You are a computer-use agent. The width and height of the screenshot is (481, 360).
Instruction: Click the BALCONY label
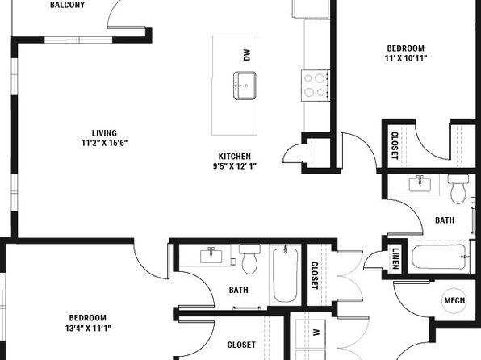tap(67, 5)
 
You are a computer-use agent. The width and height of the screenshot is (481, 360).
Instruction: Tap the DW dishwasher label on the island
tap(247, 55)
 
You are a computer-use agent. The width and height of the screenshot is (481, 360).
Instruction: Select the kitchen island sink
tap(245, 86)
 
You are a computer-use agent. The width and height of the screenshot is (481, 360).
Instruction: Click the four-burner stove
tap(316, 86)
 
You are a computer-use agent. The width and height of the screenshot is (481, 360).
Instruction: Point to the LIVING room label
tap(104, 133)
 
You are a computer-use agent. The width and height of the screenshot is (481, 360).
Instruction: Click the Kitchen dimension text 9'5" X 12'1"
tap(235, 166)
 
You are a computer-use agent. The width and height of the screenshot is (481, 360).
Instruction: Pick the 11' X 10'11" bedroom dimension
tap(406, 58)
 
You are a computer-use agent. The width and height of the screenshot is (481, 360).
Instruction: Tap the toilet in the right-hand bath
tap(458, 189)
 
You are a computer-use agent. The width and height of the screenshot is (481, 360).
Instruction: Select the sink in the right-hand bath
tap(420, 184)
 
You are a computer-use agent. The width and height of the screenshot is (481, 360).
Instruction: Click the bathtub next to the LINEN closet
tap(440, 257)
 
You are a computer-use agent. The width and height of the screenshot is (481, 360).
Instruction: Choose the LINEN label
tap(395, 258)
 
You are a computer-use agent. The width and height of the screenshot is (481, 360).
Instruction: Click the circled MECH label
tap(454, 300)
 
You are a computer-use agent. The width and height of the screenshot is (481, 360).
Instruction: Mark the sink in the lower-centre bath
tap(211, 255)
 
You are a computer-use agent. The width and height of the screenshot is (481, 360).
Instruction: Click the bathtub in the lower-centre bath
tap(285, 275)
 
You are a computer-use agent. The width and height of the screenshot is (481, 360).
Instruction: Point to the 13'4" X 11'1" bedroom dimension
tap(88, 329)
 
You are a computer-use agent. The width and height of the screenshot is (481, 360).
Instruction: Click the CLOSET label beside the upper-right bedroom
tap(395, 145)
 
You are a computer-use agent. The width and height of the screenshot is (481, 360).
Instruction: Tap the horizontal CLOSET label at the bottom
tap(241, 345)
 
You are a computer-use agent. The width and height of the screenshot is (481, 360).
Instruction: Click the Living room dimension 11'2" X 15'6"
tap(104, 143)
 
